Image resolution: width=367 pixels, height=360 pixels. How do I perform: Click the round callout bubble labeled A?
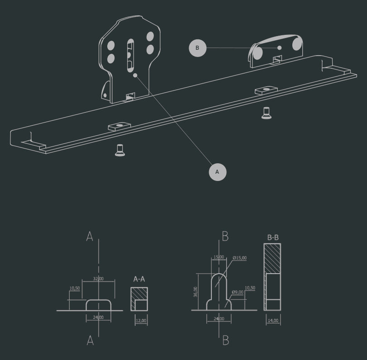click(217, 172)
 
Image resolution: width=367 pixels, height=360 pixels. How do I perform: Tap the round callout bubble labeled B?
click(197, 48)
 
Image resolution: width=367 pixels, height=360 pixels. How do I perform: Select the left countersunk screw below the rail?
click(120, 150)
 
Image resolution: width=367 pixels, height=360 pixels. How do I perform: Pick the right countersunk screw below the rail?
click(267, 113)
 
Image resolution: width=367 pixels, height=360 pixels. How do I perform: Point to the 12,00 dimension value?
click(141, 321)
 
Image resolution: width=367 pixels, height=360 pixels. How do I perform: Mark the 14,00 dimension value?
click(273, 321)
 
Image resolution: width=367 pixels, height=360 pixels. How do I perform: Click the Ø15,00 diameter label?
click(240, 258)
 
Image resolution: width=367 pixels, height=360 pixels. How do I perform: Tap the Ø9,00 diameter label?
click(238, 292)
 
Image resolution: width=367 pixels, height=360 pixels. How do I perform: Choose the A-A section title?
click(139, 279)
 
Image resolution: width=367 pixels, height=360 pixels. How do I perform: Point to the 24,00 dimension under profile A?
click(99, 317)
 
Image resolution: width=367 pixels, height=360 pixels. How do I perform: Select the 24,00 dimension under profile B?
click(219, 319)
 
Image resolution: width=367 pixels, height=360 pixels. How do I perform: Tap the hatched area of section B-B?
click(272, 258)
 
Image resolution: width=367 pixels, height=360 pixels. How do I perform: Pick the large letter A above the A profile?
click(90, 236)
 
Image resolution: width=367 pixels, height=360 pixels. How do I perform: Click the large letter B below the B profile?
click(226, 340)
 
